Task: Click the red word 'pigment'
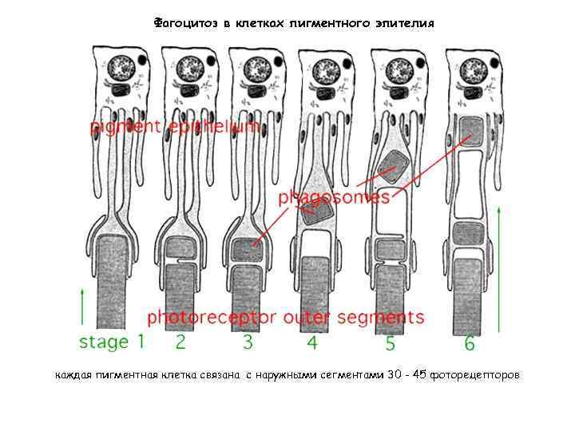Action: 125,128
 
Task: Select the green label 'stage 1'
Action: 112,342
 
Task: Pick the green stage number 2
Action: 180,342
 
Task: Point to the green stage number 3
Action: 248,342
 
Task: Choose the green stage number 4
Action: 312,342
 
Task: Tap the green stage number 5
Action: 390,343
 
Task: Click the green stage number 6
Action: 470,343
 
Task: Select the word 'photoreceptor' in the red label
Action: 212,317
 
